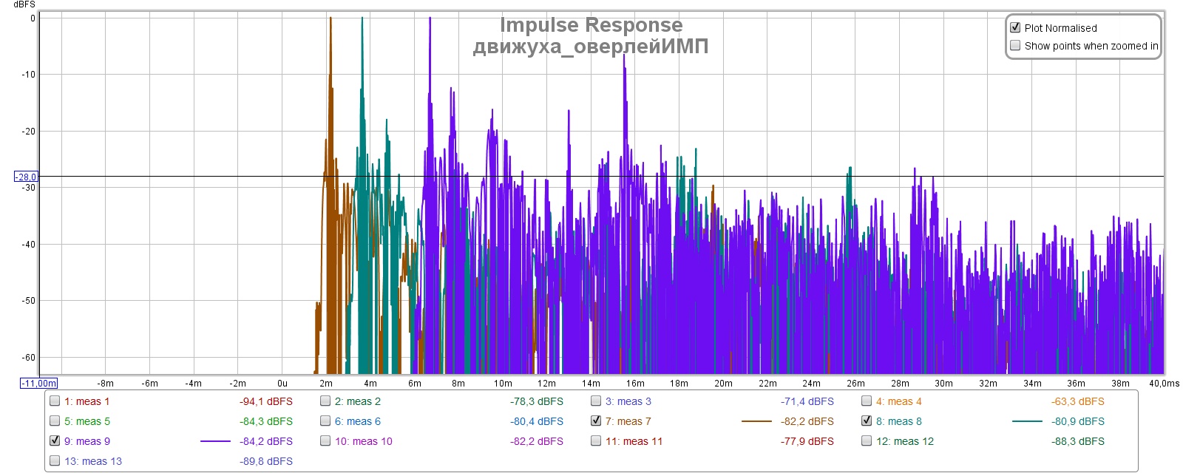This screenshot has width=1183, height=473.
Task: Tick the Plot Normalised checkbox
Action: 1015,27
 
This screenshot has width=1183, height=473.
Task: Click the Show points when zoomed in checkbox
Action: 1015,45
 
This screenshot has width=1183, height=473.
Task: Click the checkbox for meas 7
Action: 596,421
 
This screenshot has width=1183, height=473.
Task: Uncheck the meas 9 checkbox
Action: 55,440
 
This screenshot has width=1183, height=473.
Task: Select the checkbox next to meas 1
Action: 55,401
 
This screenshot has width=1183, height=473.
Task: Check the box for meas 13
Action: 55,460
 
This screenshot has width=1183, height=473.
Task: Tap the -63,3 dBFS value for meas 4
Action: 1077,401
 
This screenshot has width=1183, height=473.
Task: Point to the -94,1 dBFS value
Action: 266,401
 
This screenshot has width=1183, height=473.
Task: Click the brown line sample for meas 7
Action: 756,421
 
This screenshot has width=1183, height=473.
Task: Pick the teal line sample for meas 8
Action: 1026,421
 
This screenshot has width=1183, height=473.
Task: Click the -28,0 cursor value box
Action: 26,177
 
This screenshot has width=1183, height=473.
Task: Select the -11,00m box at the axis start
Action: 38,383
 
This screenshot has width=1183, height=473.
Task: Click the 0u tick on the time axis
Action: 282,384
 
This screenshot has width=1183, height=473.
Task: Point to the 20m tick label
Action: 723,384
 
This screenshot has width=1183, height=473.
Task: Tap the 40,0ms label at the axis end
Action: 1164,384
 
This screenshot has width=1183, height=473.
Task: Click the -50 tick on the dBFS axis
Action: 28,301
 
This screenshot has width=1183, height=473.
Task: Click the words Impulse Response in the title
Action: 591,25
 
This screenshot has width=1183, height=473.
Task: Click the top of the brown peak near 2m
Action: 331,18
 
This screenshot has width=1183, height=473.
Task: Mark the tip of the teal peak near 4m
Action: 362,18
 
